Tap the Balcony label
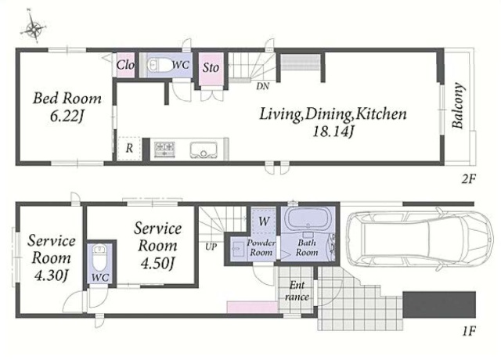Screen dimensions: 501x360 pos(458,106)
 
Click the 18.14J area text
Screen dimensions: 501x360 pos(333,131)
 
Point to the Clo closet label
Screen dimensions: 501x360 pos(125,65)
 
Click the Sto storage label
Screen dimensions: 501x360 pos(211,67)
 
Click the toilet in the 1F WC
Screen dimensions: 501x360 pos(99,257)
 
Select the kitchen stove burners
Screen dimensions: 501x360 pos(164,149)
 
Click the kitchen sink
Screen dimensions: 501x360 pos(204,149)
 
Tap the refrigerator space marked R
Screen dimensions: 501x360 pos(128,148)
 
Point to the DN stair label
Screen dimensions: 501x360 pos(263,86)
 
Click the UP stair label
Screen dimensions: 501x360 pos(211,247)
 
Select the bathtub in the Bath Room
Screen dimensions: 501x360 pos(307,218)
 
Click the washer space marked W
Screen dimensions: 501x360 pos(264,221)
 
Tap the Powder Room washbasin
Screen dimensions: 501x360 pos(236,248)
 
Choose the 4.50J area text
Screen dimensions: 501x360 pos(157,264)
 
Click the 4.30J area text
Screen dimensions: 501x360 pos(51,275)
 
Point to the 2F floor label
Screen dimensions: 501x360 pos(468,179)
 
